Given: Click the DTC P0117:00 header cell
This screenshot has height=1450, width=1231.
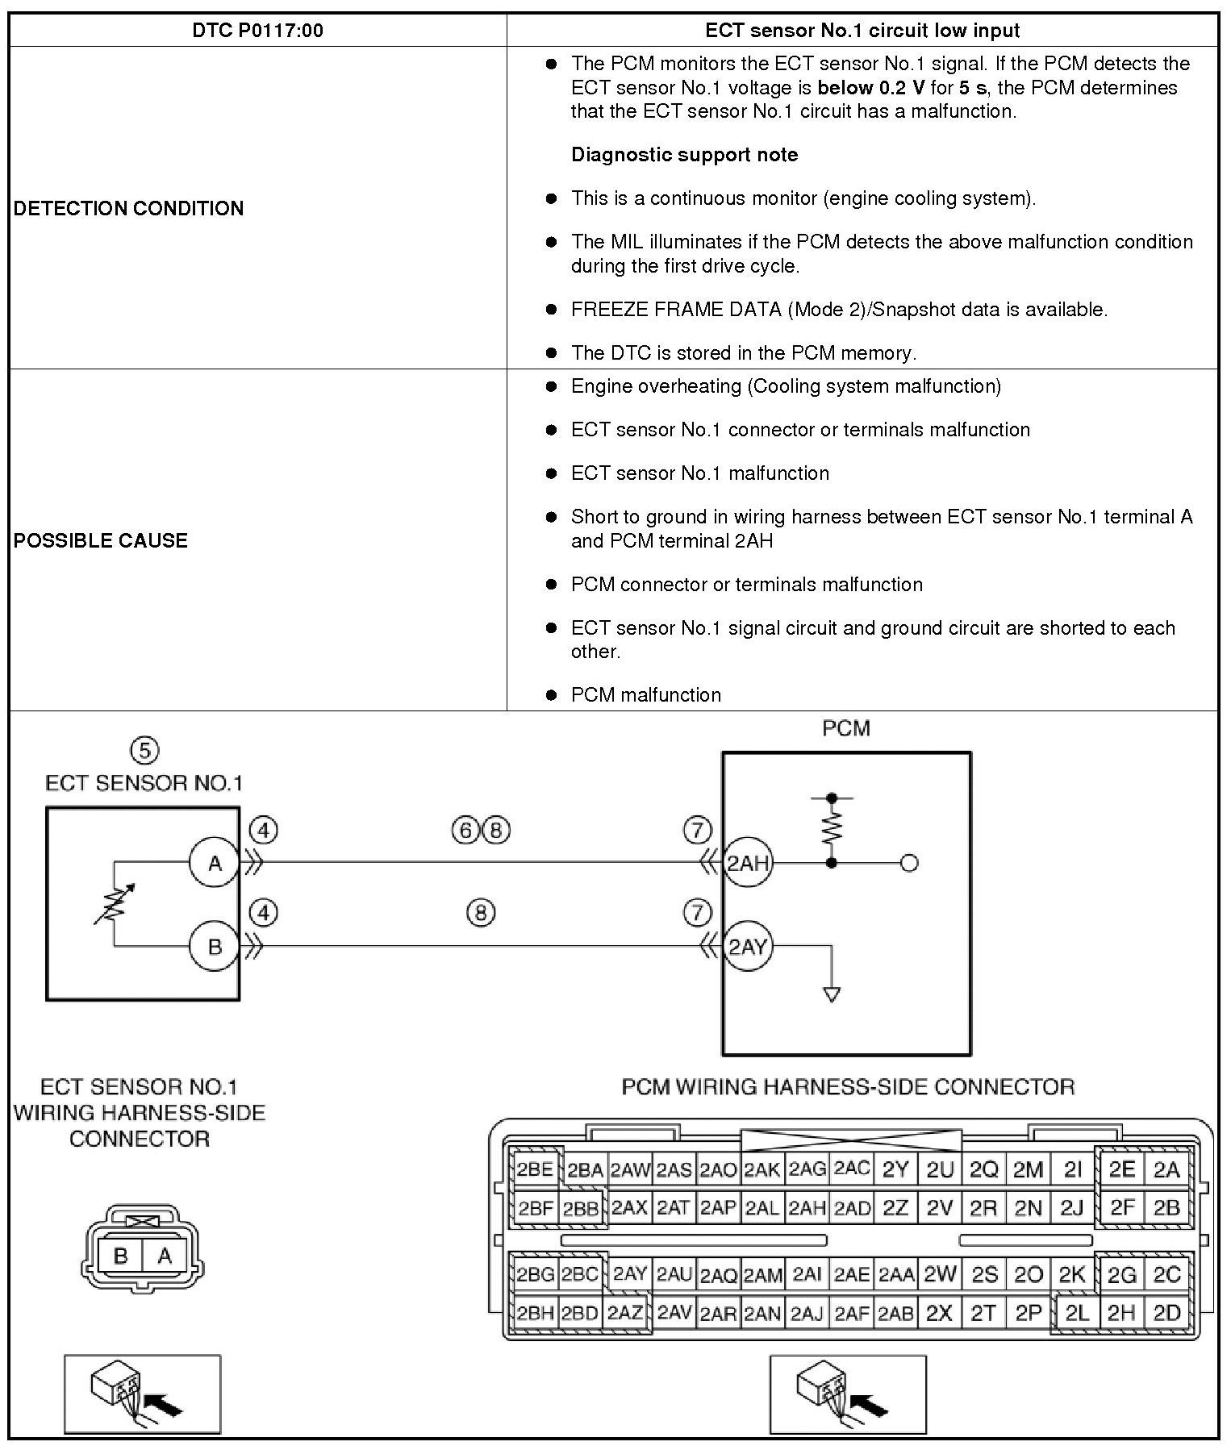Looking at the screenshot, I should [257, 31].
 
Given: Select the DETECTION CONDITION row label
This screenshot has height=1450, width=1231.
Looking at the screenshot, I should [128, 208].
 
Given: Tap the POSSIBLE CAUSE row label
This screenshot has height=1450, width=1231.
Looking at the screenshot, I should [101, 540].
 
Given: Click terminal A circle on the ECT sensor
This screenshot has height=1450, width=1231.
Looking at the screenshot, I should [215, 864].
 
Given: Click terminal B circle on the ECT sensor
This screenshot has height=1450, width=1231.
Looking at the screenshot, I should [215, 946].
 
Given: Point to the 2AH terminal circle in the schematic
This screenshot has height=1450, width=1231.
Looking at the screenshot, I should [748, 864].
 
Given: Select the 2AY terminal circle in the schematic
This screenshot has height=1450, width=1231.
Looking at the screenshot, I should [748, 946].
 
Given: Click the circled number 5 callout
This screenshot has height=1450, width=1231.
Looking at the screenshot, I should [144, 751].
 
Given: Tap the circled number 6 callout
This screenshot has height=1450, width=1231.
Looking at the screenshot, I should [465, 830].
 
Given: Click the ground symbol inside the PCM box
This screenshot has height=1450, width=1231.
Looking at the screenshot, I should [832, 994].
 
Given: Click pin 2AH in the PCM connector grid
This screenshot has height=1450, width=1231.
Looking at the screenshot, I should [807, 1208].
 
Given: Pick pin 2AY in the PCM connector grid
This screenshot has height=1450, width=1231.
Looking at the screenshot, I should [629, 1274].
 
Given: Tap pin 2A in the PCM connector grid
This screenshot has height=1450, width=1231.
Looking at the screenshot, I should [1166, 1169].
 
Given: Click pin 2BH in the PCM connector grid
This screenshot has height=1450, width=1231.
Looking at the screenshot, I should [534, 1313].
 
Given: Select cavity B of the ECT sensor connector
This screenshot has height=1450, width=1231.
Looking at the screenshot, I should [121, 1256].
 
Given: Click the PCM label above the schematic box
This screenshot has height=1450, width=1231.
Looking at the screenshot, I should [846, 728].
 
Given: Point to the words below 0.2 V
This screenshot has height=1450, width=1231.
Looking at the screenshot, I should [870, 88].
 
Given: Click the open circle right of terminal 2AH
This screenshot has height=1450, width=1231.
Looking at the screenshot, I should [909, 864].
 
